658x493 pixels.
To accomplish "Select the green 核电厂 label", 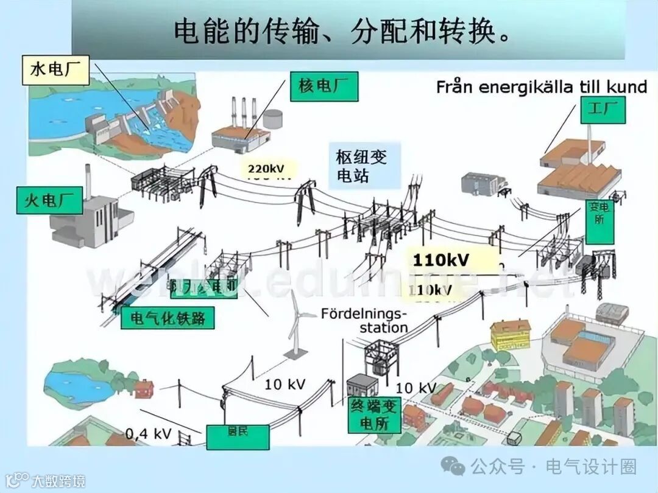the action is [324, 86].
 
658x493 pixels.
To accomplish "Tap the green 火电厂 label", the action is [49, 200].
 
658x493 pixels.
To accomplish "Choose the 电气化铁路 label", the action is [168, 317].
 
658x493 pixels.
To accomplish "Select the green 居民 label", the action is [238, 436].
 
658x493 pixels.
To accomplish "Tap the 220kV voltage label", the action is [266, 169].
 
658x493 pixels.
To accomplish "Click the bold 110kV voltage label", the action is [442, 260].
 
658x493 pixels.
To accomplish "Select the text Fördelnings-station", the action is [364, 321].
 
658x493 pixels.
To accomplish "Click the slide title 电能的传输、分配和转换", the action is [341, 32].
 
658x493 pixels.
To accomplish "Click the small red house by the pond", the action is [143, 388].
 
